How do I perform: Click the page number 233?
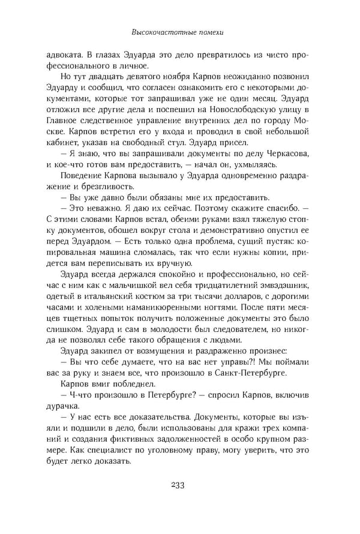pos(179,485)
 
